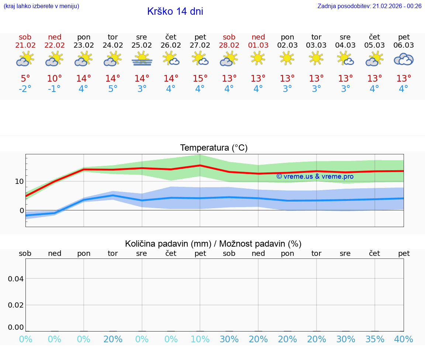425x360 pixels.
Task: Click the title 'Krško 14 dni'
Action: coord(175,11)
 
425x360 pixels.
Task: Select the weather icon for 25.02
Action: coord(142,59)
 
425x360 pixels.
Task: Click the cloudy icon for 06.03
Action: coord(404,59)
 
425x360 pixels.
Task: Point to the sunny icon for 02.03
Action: coord(287,58)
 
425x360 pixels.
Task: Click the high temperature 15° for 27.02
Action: coord(200,79)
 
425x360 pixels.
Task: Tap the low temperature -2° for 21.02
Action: coord(25,89)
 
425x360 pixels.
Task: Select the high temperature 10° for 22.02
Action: coord(55,79)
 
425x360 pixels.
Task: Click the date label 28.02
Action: coord(229,45)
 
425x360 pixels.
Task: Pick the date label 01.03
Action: coord(258,45)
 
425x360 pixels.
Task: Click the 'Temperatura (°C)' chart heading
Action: coord(214,148)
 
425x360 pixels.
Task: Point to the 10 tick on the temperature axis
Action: coord(19,181)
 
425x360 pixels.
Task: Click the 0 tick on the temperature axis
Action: coord(21,210)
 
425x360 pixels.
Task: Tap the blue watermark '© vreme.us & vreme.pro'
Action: coord(315,176)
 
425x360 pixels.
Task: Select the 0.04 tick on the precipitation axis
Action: coord(16,279)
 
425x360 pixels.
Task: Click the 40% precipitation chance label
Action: coord(404,339)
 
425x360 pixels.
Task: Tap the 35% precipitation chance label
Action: coord(375,339)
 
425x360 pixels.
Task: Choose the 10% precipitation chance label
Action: coord(200,339)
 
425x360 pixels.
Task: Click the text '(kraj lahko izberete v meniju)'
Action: coord(41,6)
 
